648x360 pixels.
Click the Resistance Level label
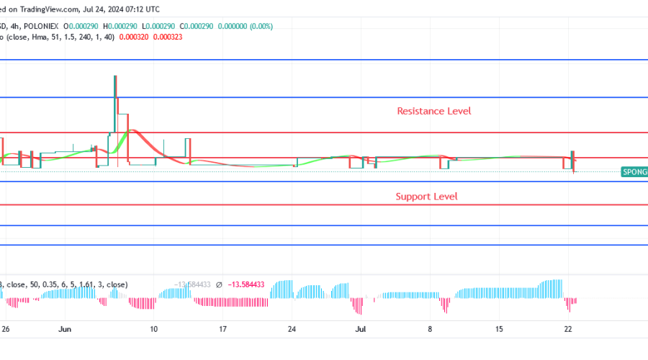pyautogui.click(x=433, y=111)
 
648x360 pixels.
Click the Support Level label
pyautogui.click(x=426, y=196)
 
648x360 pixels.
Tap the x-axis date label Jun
pyautogui.click(x=65, y=329)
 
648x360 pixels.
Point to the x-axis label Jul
pyautogui.click(x=361, y=329)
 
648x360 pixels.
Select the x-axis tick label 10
pyautogui.click(x=153, y=329)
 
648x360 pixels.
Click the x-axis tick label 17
pyautogui.click(x=223, y=329)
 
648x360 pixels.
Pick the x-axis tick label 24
pyautogui.click(x=292, y=329)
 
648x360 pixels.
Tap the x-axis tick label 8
pyautogui.click(x=430, y=329)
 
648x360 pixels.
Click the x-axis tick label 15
pyautogui.click(x=498, y=329)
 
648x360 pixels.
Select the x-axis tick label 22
pyautogui.click(x=568, y=329)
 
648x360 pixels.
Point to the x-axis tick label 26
pyautogui.click(x=6, y=329)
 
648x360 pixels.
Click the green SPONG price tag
pyautogui.click(x=634, y=172)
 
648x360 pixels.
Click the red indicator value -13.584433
pyautogui.click(x=246, y=284)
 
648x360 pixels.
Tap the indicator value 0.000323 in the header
pyautogui.click(x=168, y=36)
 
